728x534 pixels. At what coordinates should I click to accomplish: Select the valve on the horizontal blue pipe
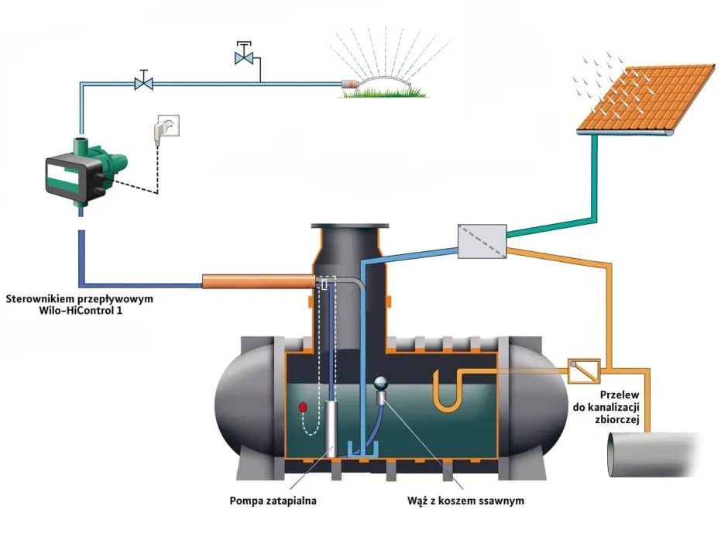(143, 81)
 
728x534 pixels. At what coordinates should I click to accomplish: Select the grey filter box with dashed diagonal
(481, 241)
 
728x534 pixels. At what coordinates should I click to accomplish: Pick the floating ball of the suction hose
(381, 382)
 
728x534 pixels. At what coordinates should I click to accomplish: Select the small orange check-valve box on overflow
(585, 370)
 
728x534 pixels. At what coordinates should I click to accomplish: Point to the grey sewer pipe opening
(620, 454)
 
